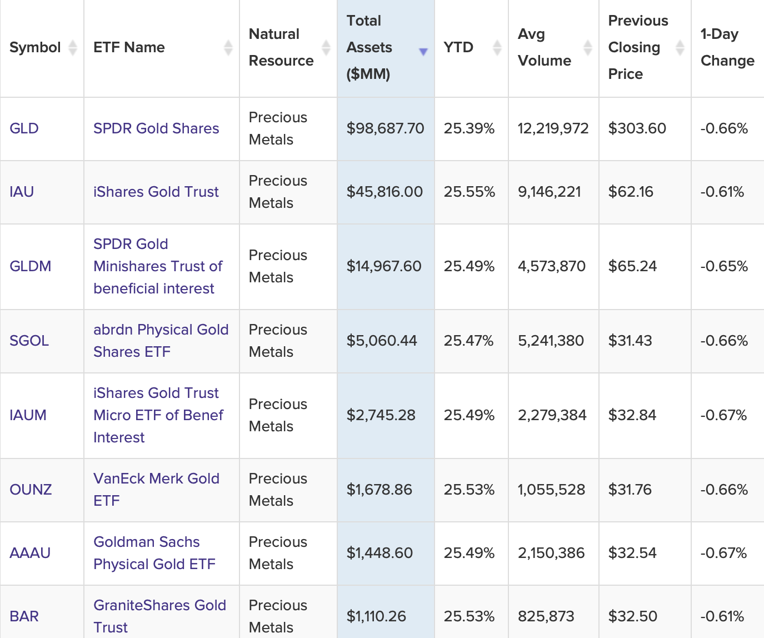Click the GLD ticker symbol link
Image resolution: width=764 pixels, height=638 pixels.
point(24,128)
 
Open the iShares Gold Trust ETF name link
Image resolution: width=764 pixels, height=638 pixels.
point(156,192)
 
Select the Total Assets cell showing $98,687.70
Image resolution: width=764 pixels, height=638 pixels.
point(385,128)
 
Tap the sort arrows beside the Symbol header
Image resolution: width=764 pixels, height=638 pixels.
point(72,47)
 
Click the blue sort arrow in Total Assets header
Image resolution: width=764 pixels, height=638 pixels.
point(423,52)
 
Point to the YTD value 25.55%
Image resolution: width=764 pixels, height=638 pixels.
point(469,192)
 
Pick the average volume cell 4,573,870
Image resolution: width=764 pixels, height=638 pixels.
point(551,266)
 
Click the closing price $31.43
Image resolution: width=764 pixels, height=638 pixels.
point(630,341)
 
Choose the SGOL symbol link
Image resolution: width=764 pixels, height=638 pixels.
point(29,341)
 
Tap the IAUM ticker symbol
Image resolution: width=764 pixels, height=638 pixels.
point(28,415)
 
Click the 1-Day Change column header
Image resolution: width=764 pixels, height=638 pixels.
point(727,47)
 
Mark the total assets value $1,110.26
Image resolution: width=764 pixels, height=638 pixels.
point(376,616)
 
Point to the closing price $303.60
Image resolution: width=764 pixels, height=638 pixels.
point(637,128)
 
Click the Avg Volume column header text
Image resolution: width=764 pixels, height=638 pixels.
point(544,47)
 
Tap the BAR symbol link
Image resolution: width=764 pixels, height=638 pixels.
point(24,616)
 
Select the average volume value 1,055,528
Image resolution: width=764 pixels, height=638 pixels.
point(551,490)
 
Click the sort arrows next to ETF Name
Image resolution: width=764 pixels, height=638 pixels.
point(228,47)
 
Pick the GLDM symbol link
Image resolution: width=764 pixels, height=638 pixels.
point(30,266)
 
